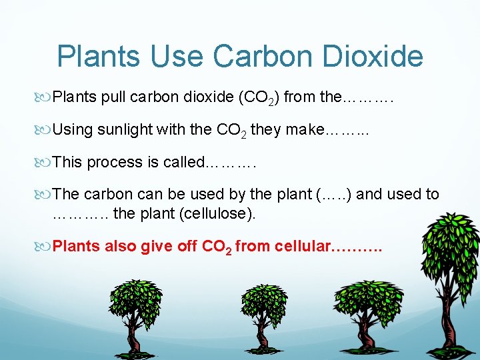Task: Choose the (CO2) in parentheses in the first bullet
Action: pyautogui.click(x=259, y=97)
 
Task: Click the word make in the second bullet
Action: pyautogui.click(x=303, y=129)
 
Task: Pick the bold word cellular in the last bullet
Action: pyautogui.click(x=301, y=246)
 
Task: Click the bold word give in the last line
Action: pyautogui.click(x=157, y=246)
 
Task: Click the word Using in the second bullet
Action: pyautogui.click(x=73, y=129)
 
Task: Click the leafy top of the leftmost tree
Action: pyautogui.click(x=136, y=300)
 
